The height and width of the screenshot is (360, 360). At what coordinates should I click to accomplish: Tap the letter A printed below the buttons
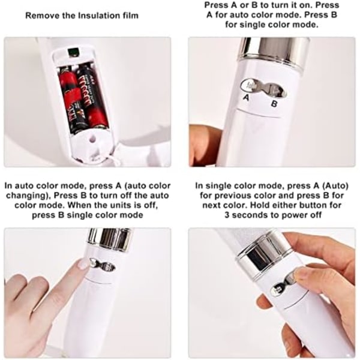click(x=246, y=98)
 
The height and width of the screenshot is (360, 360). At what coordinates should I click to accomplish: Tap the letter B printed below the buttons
click(x=274, y=104)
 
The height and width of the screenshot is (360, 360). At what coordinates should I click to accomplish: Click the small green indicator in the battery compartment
click(x=73, y=52)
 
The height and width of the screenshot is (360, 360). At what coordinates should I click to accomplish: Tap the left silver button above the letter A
click(x=248, y=85)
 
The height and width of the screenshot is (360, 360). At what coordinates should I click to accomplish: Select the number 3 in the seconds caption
click(x=227, y=215)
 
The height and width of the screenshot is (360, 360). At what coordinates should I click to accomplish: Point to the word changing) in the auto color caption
click(x=28, y=196)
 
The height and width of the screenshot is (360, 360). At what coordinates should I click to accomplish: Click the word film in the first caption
click(x=130, y=16)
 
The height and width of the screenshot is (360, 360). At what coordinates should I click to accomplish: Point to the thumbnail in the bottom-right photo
click(x=298, y=277)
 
